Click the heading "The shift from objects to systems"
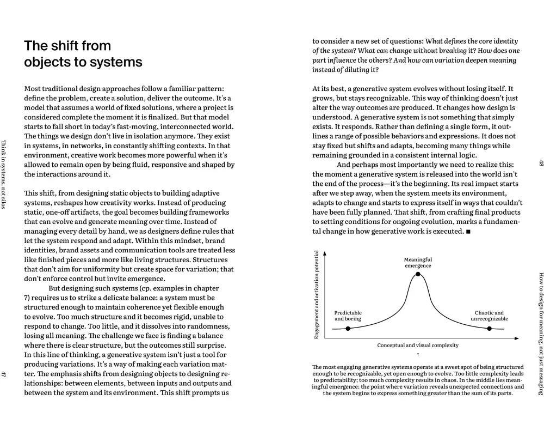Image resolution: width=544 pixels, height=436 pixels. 83,53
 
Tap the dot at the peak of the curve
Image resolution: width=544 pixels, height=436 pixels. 418,274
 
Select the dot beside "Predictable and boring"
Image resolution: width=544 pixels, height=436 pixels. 348,329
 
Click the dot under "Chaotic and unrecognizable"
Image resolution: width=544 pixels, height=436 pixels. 489,329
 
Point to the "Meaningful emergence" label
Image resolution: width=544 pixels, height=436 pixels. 418,263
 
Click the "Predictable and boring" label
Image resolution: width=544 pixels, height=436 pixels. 348,316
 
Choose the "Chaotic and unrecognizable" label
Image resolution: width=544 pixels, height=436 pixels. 489,316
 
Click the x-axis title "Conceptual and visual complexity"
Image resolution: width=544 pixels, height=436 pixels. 418,346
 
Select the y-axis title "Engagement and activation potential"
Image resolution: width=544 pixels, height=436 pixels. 317,294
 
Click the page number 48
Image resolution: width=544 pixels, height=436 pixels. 540,163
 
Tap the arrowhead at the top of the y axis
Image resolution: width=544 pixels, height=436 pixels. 324,253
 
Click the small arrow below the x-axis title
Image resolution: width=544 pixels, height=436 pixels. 418,355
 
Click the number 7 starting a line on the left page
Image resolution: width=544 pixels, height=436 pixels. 27,298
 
